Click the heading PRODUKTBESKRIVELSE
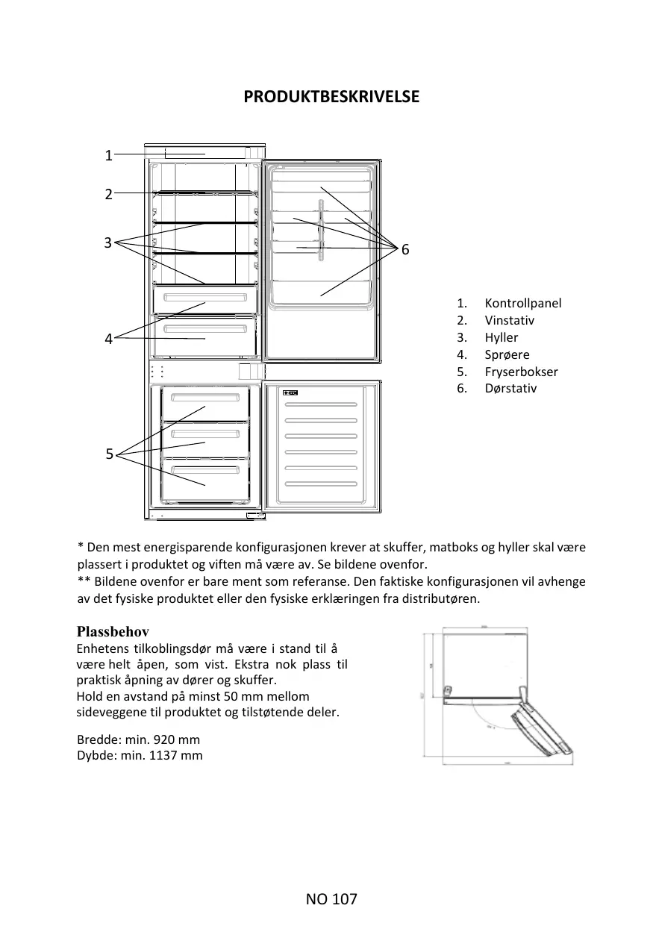[331, 97]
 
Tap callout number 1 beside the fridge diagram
[108, 155]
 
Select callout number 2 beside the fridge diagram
[108, 194]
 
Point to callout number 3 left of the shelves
[108, 243]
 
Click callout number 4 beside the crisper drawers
[108, 339]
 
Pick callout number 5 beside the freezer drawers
[109, 454]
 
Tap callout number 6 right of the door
[405, 250]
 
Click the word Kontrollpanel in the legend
[522, 303]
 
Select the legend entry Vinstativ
[509, 320]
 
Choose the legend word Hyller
[501, 337]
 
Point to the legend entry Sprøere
[507, 354]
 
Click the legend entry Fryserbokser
[521, 372]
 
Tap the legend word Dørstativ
[510, 388]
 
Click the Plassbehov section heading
[113, 631]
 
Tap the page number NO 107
[331, 899]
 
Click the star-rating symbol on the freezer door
[291, 393]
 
